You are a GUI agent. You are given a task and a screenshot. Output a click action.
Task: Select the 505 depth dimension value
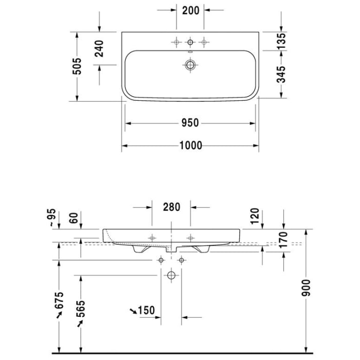coord(77,66)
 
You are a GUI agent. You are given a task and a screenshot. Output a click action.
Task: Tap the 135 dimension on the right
coord(281,41)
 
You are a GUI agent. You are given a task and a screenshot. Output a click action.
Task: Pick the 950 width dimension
coord(190,123)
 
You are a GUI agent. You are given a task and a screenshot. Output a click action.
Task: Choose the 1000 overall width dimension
coord(190,146)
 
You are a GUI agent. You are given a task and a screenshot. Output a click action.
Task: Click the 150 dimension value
coord(146,310)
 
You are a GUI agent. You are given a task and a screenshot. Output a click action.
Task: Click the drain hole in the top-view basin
coord(191,65)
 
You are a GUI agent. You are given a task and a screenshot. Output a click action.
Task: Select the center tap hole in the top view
coord(191,42)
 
